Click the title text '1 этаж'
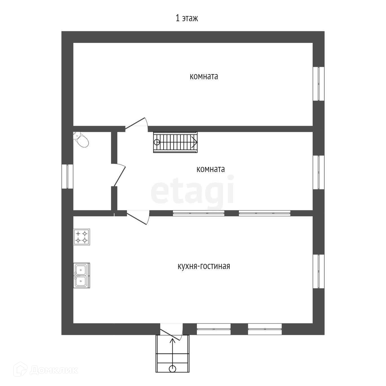187,18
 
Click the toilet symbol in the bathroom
81,140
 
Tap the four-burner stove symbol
81,237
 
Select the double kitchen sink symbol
81,275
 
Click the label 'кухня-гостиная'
204,266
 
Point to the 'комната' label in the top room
204,76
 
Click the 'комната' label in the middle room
211,169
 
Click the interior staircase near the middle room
175,142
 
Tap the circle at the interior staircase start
157,142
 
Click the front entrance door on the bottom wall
171,332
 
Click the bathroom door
119,175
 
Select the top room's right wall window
319,84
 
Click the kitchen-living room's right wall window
319,271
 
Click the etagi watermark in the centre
192,189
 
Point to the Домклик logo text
54,370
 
